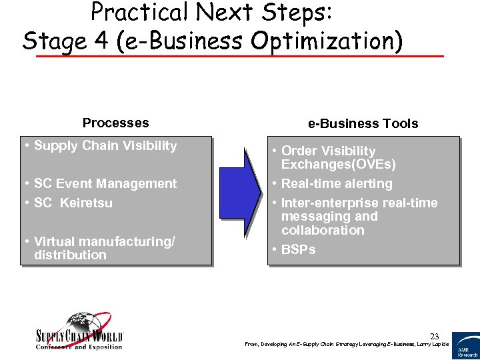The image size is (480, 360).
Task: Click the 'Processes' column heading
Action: coord(115,123)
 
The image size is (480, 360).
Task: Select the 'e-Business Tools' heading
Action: coord(363,123)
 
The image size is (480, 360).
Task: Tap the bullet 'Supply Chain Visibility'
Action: coord(105,146)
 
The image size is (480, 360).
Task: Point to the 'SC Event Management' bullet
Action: coord(105,184)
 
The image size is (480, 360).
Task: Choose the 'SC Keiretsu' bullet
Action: coord(73,203)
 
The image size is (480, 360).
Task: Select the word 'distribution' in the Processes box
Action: coord(70,255)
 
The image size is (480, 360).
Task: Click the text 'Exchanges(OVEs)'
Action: coord(338,165)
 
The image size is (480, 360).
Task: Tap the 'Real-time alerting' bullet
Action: coord(336,184)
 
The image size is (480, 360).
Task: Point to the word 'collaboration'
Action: coord(323,231)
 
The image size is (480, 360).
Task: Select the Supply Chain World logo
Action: coord(79,331)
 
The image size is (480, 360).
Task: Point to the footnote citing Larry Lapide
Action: coord(347,344)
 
